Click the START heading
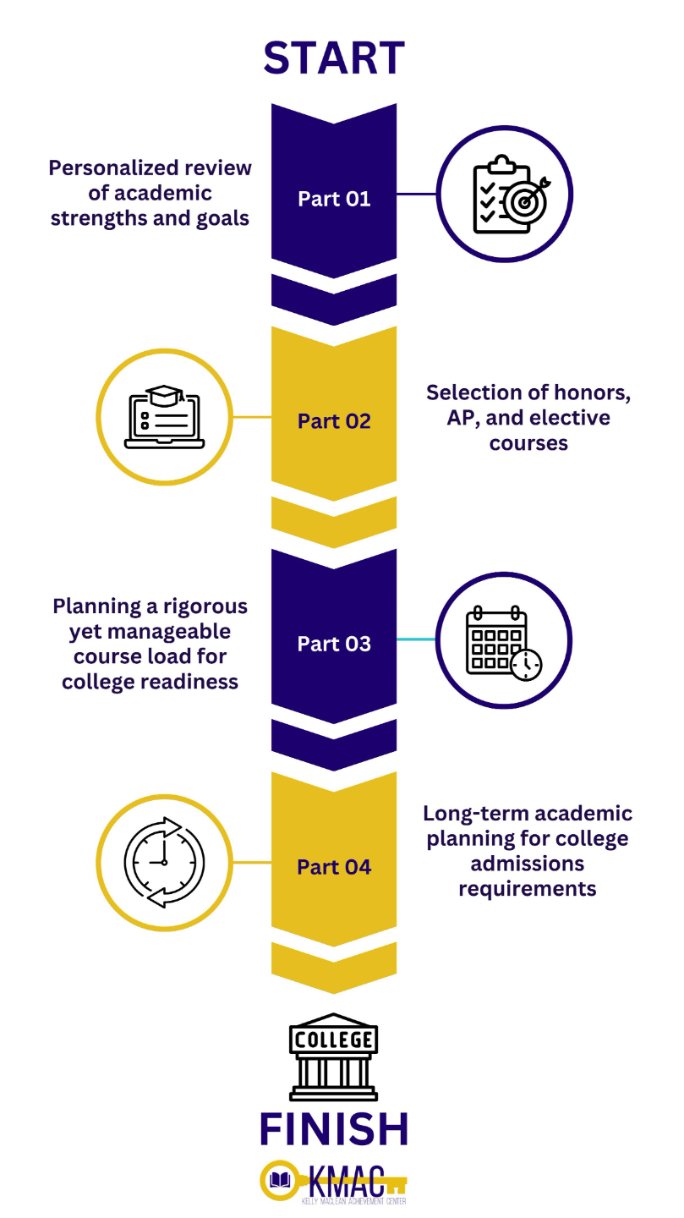(x=334, y=58)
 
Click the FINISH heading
(x=334, y=1128)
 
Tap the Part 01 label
(x=334, y=199)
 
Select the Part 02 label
(x=334, y=421)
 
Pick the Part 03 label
(x=334, y=644)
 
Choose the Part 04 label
(x=334, y=867)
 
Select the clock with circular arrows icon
(x=164, y=862)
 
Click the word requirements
(x=528, y=888)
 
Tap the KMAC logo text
(x=347, y=1179)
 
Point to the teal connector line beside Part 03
(x=416, y=639)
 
